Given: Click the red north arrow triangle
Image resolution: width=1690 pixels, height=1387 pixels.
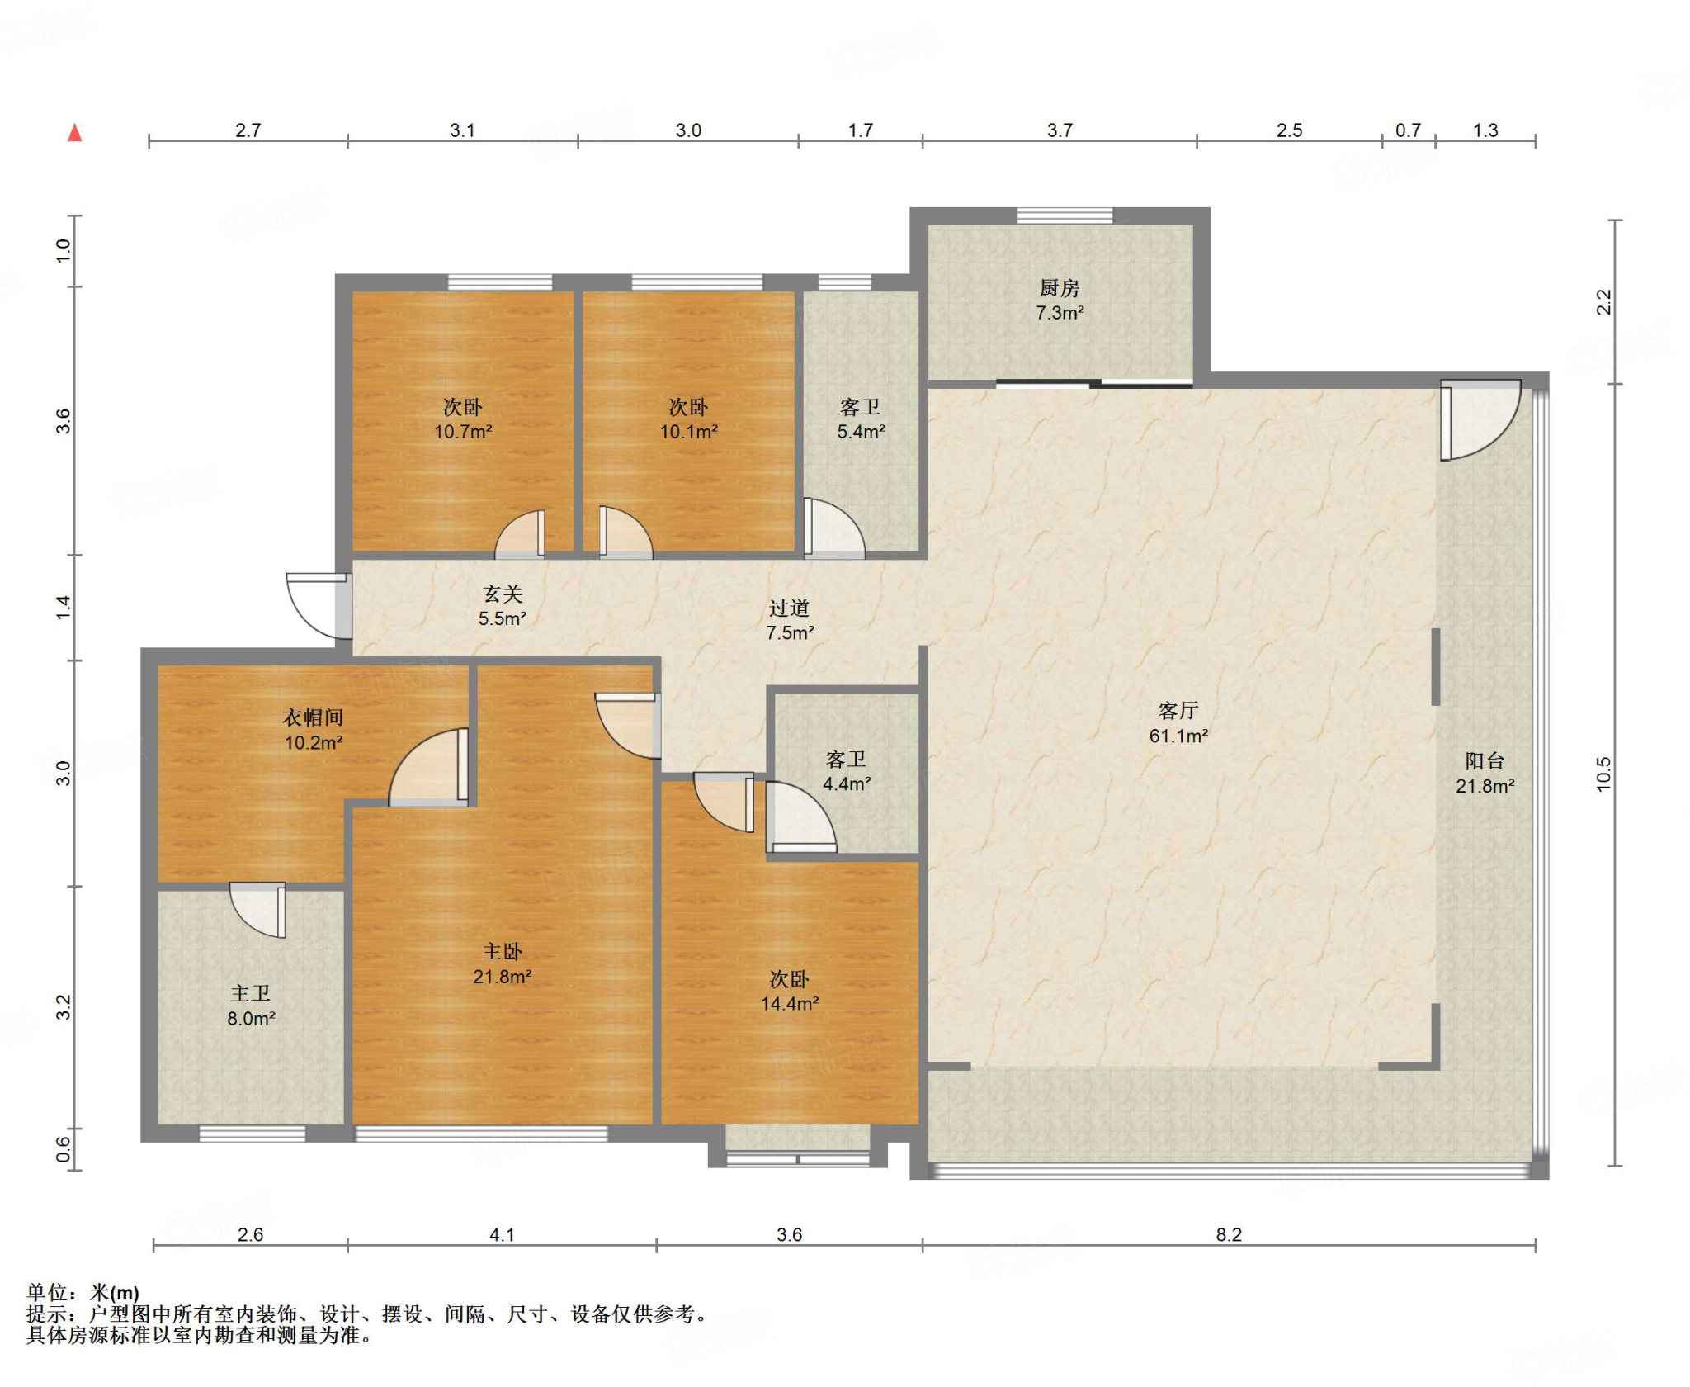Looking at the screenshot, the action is pyautogui.click(x=75, y=132).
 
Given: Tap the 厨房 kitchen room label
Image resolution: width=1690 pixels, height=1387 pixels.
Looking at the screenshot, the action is pyautogui.click(x=1060, y=288).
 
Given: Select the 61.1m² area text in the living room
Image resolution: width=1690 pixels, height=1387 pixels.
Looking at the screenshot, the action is pyautogui.click(x=1178, y=736).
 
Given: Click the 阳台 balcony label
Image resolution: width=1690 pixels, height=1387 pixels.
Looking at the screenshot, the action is pyautogui.click(x=1485, y=760).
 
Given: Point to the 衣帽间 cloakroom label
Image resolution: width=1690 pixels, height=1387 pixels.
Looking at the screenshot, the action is pyautogui.click(x=313, y=717).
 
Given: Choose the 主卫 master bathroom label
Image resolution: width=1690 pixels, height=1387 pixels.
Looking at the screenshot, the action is pyautogui.click(x=251, y=993).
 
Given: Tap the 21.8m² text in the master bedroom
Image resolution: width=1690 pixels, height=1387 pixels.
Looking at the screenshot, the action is pyautogui.click(x=502, y=977).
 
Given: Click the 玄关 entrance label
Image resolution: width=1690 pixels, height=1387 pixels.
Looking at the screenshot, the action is pyautogui.click(x=503, y=594).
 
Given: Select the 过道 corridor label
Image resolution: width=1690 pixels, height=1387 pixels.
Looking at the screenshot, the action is pyautogui.click(x=790, y=608).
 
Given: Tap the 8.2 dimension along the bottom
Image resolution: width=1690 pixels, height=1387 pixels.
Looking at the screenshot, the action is pyautogui.click(x=1228, y=1234).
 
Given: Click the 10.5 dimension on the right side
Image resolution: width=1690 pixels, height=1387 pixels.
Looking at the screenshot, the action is pyautogui.click(x=1603, y=774).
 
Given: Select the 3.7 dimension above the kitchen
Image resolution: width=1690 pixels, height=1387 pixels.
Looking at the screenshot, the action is pyautogui.click(x=1060, y=130).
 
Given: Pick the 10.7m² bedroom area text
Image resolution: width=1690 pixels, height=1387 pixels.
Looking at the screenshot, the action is pyautogui.click(x=463, y=431).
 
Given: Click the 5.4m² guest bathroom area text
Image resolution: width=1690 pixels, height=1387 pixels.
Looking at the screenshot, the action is pyautogui.click(x=861, y=431).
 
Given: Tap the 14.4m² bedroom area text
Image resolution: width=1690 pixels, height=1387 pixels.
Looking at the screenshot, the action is pyautogui.click(x=790, y=1003).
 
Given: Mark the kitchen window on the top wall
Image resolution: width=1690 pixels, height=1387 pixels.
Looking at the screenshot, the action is pyautogui.click(x=1065, y=216).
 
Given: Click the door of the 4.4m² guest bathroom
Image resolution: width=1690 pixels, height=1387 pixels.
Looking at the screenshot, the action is pyautogui.click(x=800, y=817).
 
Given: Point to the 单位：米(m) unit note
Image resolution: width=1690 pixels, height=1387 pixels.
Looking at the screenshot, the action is pyautogui.click(x=83, y=1292).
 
